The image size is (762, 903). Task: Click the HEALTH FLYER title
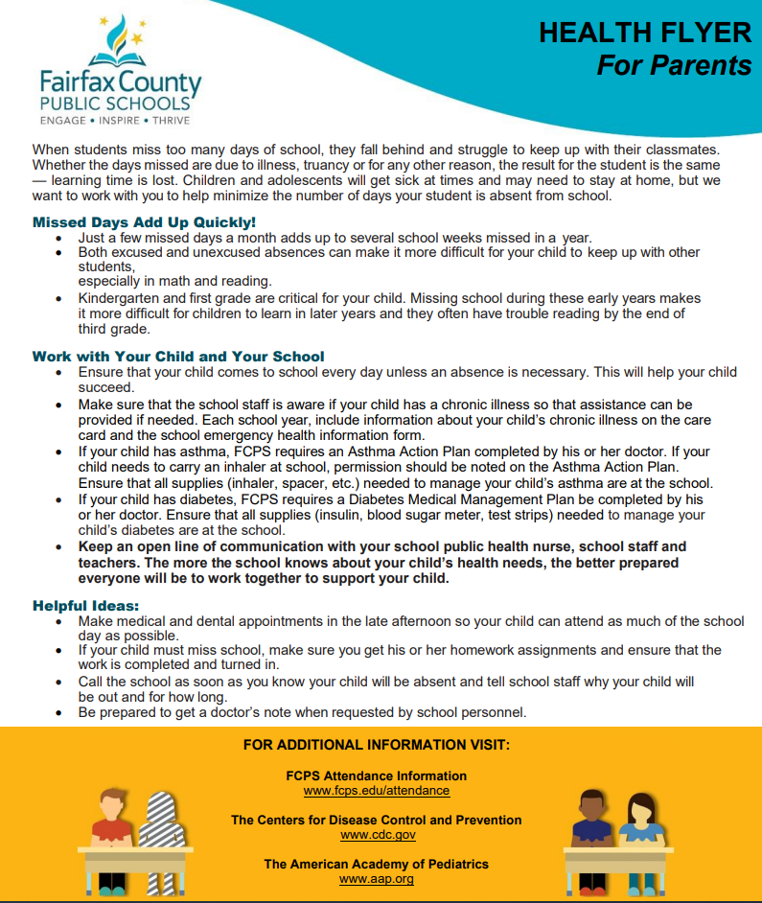(644, 33)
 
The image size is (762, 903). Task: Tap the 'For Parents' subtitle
(674, 64)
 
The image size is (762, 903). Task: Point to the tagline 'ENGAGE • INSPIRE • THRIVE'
(114, 121)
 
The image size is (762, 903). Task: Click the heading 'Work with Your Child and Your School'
(178, 356)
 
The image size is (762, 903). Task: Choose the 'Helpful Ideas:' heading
(85, 606)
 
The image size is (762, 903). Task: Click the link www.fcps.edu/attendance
(377, 791)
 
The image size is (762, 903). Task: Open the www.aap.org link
(377, 879)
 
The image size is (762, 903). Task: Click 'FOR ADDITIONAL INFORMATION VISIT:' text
(377, 745)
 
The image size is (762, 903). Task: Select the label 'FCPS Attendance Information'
(377, 776)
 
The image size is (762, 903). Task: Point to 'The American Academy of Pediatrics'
(377, 865)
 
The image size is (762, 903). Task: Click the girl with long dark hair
(640, 821)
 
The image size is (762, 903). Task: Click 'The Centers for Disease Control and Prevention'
(377, 821)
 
